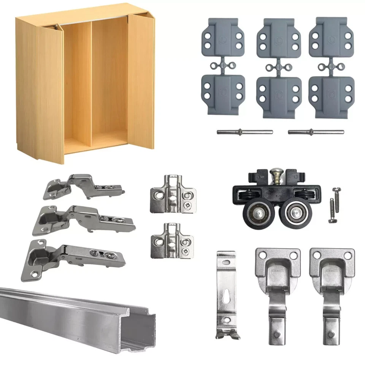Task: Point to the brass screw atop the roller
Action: point(276,176)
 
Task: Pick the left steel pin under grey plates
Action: point(244,132)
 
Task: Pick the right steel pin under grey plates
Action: point(316,132)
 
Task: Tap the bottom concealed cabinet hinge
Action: point(76,259)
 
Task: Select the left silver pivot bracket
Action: point(278,293)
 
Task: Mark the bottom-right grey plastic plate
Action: point(331,95)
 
